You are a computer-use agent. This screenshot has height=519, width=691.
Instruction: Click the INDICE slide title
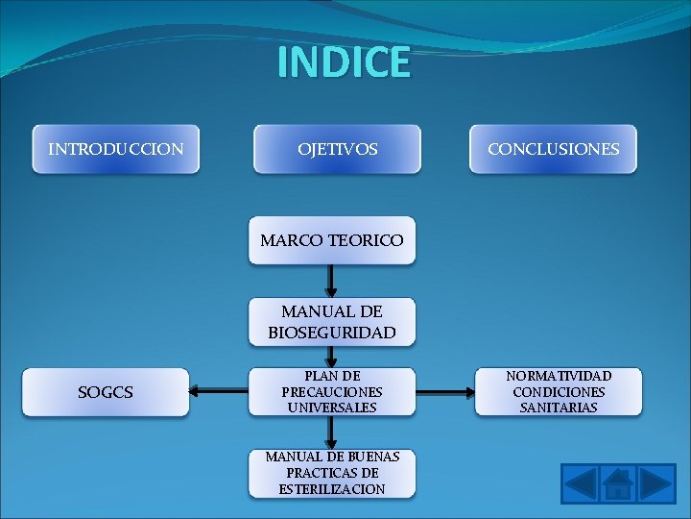(344, 62)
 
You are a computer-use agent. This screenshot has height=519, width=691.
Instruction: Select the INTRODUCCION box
(116, 149)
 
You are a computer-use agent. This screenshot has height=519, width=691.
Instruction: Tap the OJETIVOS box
(337, 149)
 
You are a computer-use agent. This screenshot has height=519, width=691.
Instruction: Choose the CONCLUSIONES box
(553, 149)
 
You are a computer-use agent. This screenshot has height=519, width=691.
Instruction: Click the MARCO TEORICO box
(332, 239)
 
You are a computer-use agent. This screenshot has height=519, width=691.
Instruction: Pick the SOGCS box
(106, 392)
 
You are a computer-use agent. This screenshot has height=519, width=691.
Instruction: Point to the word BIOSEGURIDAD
(332, 333)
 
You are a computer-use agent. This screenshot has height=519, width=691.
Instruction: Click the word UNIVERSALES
(332, 408)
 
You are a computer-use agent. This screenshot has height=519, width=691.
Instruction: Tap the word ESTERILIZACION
(332, 489)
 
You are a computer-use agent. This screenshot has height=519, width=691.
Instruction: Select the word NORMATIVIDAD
(559, 376)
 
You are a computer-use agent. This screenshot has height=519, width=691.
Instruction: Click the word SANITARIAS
(559, 408)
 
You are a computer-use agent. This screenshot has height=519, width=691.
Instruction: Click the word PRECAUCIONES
(332, 392)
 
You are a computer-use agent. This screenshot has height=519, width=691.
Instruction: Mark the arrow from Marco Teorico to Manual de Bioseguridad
(331, 281)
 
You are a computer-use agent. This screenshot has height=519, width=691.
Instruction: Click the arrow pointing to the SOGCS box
(220, 391)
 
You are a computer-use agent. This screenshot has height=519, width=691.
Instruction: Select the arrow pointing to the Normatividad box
(445, 391)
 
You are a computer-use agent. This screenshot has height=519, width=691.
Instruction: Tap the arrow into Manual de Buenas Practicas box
(331, 432)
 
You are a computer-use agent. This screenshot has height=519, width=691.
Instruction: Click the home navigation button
(618, 482)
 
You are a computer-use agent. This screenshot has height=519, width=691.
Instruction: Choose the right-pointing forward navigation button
(656, 482)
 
